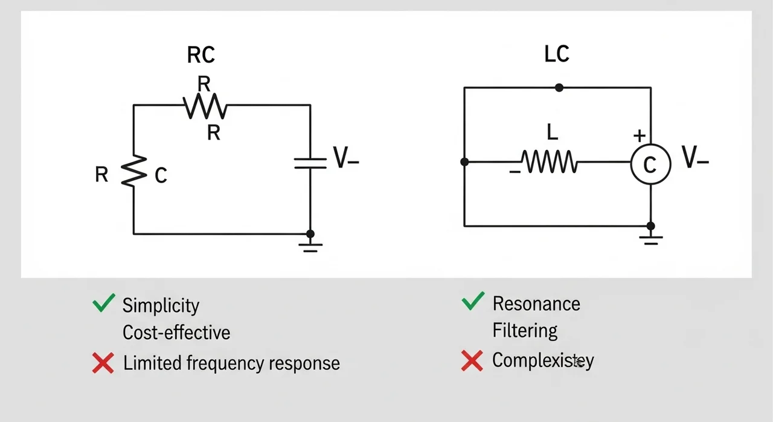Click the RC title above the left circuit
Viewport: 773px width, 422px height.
(x=200, y=55)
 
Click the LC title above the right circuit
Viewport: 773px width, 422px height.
(x=556, y=54)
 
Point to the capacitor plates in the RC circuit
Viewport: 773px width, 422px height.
(x=310, y=163)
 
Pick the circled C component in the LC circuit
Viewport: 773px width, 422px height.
(x=650, y=164)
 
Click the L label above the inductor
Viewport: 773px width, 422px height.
(x=550, y=131)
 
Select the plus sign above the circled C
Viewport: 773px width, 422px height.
(x=639, y=135)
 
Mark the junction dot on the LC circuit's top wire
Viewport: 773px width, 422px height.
(x=559, y=88)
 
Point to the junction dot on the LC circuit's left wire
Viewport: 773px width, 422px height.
(x=464, y=162)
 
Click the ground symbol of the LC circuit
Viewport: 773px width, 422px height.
(x=650, y=236)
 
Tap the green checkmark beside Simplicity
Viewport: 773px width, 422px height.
(x=104, y=304)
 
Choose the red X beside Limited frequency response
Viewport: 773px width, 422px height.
(x=103, y=363)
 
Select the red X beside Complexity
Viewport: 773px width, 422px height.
(x=472, y=360)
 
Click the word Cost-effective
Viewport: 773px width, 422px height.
(x=176, y=333)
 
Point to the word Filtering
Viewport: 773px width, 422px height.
(x=525, y=331)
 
